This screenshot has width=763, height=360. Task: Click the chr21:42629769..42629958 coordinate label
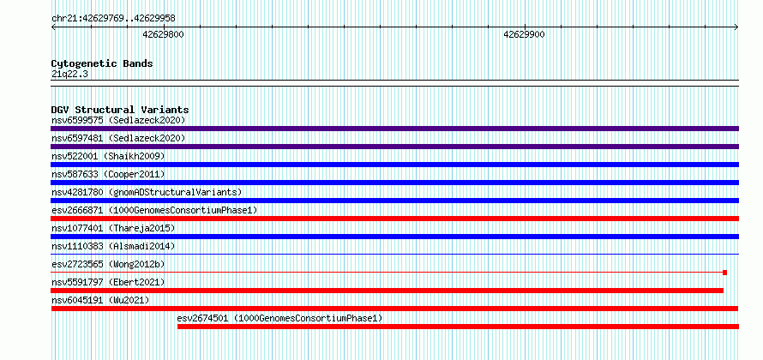click(113, 19)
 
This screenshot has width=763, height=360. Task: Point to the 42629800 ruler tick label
click(163, 34)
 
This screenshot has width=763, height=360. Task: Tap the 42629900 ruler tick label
click(524, 34)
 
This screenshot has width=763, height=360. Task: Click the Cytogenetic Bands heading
click(102, 63)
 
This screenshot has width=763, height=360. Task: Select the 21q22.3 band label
click(69, 75)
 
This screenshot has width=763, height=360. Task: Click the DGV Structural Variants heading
click(120, 110)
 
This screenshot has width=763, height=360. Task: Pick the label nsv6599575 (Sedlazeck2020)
click(118, 120)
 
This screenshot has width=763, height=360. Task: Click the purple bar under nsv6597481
click(394, 147)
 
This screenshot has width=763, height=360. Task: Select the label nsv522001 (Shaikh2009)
click(108, 156)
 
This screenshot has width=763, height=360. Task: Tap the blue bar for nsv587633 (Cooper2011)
click(394, 183)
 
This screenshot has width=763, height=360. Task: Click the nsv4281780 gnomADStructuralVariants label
click(147, 192)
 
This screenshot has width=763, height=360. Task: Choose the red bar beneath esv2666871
click(394, 219)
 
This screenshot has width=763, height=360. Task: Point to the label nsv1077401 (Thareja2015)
click(113, 228)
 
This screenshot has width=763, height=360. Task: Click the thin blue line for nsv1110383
click(394, 254)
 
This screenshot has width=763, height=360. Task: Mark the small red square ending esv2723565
click(724, 273)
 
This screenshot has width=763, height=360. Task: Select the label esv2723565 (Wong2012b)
click(108, 264)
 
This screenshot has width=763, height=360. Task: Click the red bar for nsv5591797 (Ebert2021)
click(387, 291)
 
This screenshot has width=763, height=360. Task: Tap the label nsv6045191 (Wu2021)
click(100, 300)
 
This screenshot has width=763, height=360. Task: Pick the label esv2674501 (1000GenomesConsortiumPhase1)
click(279, 318)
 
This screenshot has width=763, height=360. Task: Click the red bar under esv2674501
click(458, 327)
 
